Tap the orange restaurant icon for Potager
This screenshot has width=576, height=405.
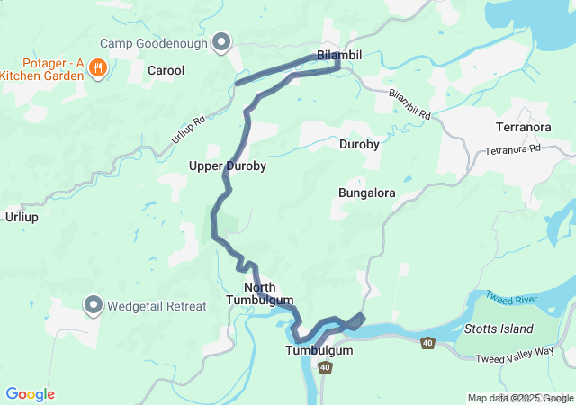(100, 67)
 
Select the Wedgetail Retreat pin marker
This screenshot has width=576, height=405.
(94, 305)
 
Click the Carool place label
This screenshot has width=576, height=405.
(166, 70)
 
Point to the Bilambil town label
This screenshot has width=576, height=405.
(339, 56)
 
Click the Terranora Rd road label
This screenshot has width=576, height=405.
(514, 148)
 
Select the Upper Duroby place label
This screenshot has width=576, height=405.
(227, 166)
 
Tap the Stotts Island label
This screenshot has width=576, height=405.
(499, 328)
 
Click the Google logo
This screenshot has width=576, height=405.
(30, 394)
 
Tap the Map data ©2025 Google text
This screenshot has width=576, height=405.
(520, 398)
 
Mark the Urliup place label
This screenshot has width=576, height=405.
(22, 217)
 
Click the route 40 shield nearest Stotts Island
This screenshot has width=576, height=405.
(427, 343)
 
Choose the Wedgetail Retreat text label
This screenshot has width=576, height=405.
(157, 306)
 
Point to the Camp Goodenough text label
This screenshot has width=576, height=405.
(154, 42)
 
